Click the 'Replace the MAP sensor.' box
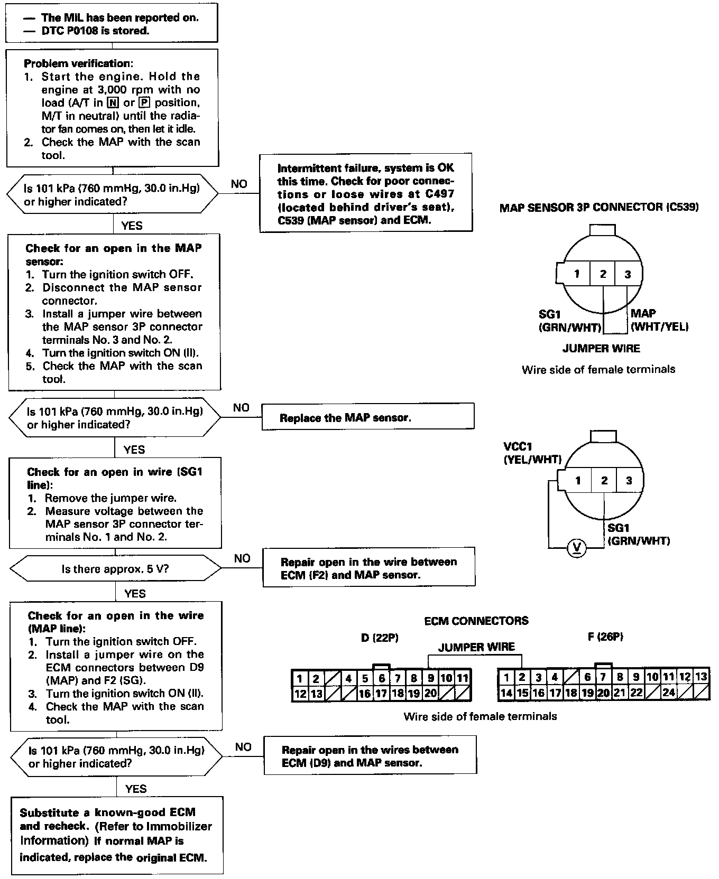click(x=368, y=418)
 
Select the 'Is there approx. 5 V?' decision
click(x=115, y=569)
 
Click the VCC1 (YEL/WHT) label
click(x=532, y=453)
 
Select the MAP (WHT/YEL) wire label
click(x=659, y=320)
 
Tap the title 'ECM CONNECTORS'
click(x=476, y=621)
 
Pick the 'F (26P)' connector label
click(x=605, y=637)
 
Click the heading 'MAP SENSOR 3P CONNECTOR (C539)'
click(x=599, y=207)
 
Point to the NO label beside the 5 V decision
click(x=242, y=558)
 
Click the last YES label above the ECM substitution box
click(x=136, y=789)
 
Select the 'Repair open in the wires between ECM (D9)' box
click(x=370, y=756)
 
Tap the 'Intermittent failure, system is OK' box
click(x=366, y=193)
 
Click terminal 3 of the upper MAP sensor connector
click(x=628, y=274)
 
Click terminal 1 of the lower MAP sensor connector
click(x=578, y=481)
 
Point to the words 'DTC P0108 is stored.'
click(x=95, y=31)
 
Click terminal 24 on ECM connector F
click(x=669, y=693)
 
